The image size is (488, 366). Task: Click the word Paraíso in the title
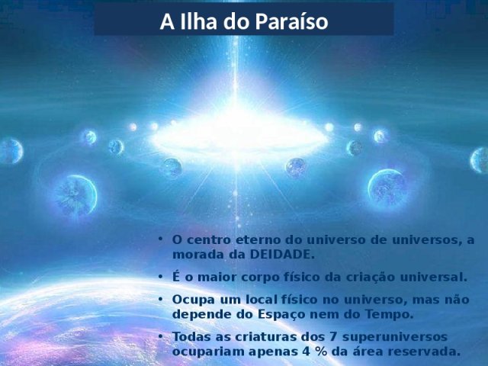click(291, 22)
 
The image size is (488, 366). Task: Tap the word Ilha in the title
click(198, 21)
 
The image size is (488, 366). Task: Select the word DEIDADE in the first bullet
click(282, 255)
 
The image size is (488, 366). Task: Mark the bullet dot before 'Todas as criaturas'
click(160, 336)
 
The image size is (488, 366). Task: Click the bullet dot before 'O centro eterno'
click(160, 239)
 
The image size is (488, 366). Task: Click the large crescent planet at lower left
click(75, 195)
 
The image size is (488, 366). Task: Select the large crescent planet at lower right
click(387, 187)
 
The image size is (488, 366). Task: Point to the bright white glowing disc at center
click(239, 137)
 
